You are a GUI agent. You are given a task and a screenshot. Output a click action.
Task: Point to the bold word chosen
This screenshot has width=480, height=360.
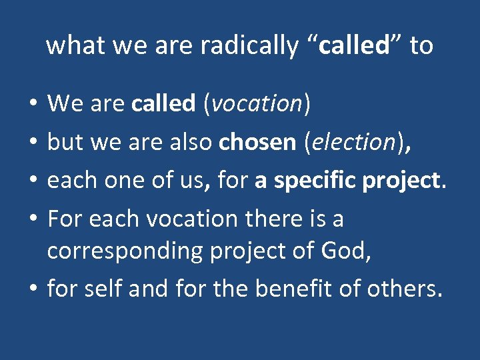[x=257, y=142]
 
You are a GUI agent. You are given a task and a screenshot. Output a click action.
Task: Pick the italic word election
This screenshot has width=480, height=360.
[x=356, y=142]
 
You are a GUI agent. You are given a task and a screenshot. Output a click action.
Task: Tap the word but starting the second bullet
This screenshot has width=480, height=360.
[x=62, y=142]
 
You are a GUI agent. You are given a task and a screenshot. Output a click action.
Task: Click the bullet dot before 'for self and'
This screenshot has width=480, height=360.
[x=33, y=290]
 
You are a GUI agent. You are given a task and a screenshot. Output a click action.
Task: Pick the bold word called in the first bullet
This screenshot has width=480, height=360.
[x=163, y=103]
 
